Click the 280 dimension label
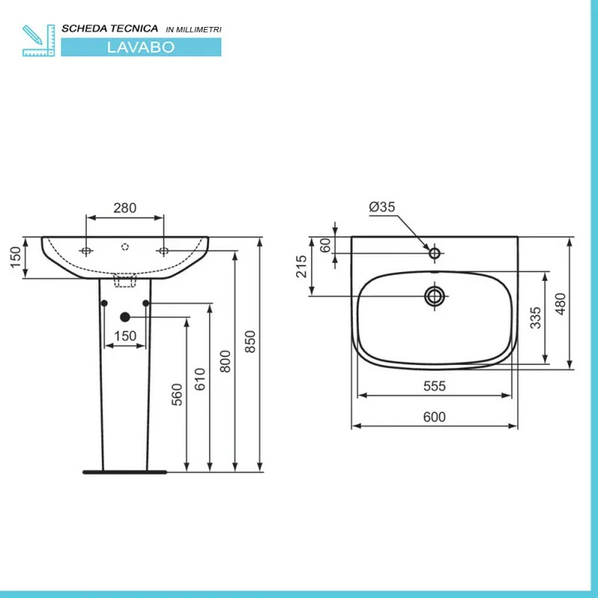pyautogui.click(x=125, y=209)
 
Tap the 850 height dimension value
pyautogui.click(x=250, y=342)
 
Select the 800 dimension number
pyautogui.click(x=226, y=362)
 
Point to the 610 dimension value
pyautogui.click(x=200, y=379)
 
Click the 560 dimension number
pyautogui.click(x=177, y=395)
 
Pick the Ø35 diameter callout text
pyautogui.click(x=382, y=207)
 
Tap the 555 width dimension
pyautogui.click(x=434, y=386)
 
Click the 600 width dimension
pyautogui.click(x=434, y=417)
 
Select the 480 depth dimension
pyautogui.click(x=560, y=304)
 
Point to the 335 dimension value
pyautogui.click(x=535, y=318)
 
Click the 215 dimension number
pyautogui.click(x=301, y=266)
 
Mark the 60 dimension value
pyautogui.click(x=325, y=245)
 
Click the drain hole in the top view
pyautogui.click(x=434, y=296)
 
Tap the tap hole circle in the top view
pyautogui.click(x=434, y=253)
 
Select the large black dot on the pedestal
pyautogui.click(x=125, y=317)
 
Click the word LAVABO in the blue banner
pyautogui.click(x=141, y=47)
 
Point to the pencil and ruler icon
pyautogui.click(x=39, y=40)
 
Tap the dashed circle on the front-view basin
pyautogui.click(x=125, y=247)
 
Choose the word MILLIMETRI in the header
pyautogui.click(x=199, y=30)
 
